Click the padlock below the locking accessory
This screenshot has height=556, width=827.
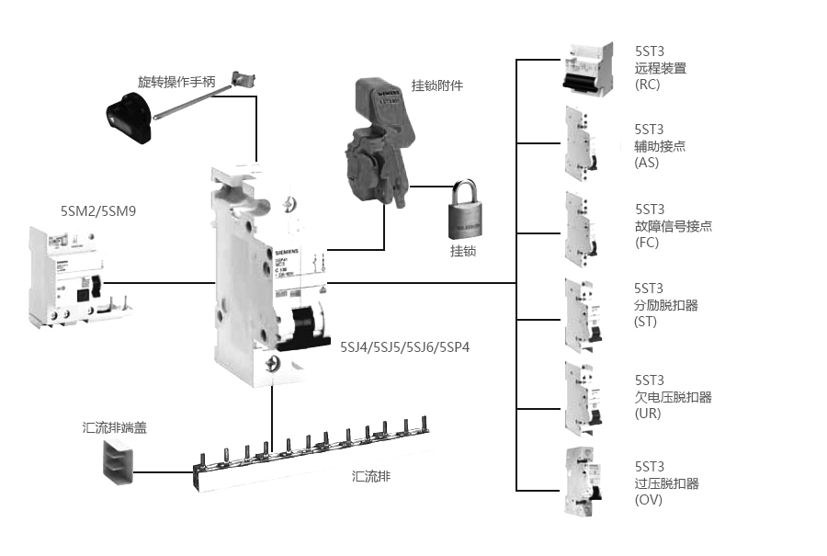coord(466,214)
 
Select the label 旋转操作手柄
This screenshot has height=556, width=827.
coord(176,82)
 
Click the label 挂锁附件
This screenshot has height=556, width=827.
coord(437,85)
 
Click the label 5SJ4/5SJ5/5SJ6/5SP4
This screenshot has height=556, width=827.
coord(405,347)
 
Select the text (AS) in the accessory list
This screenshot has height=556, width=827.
coord(647,163)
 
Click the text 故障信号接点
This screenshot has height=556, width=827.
coord(674,226)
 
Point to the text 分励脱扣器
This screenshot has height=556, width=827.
coord(666,305)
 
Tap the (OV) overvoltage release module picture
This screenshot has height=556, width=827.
coord(583,480)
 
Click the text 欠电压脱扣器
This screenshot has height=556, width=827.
coord(674,397)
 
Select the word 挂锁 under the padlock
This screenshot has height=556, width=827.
coord(463,251)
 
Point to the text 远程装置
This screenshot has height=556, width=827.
coord(660,68)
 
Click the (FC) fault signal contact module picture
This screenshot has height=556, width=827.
coord(582,226)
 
